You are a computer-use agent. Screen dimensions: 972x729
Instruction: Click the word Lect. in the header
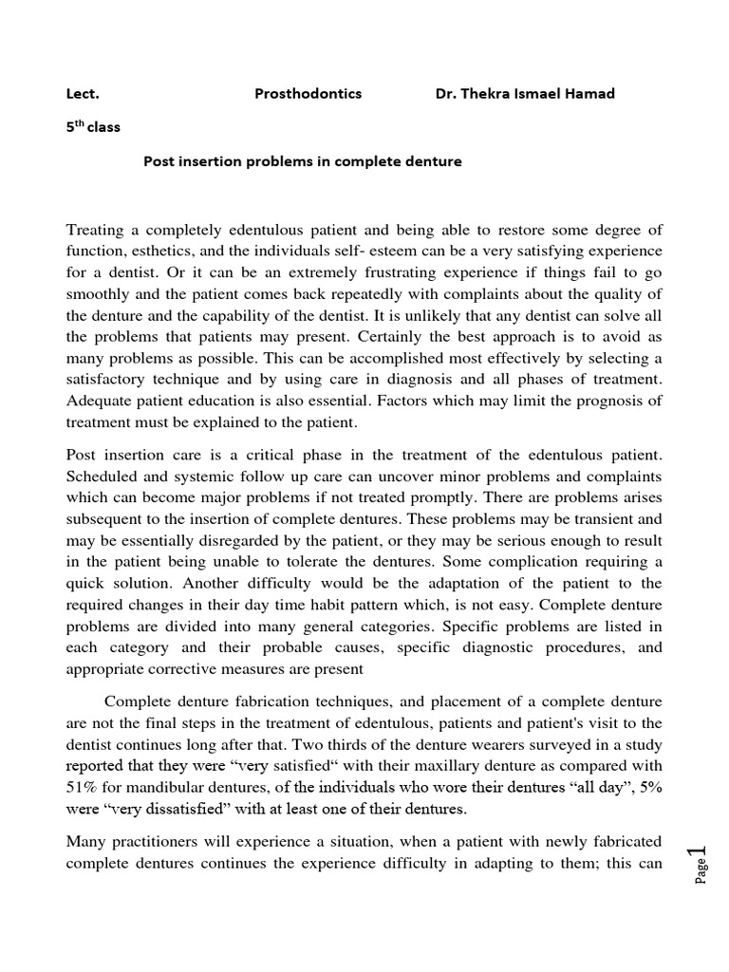click(83, 94)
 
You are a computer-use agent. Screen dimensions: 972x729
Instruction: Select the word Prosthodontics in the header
click(308, 94)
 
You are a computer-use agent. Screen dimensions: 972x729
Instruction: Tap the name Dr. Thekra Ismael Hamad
click(524, 94)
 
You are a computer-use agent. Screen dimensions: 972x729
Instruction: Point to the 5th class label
click(93, 126)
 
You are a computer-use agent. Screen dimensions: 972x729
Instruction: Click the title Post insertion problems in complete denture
click(302, 161)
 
